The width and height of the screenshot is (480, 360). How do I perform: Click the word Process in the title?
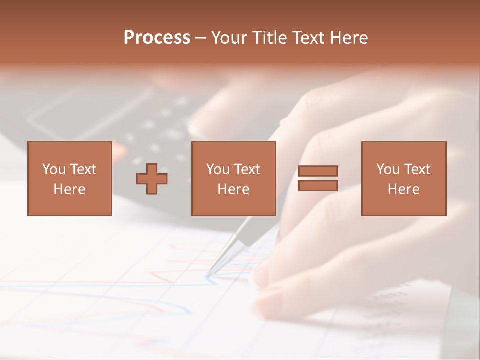coord(157,38)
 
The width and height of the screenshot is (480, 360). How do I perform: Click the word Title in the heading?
coord(269,38)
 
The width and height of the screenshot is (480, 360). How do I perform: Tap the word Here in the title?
coord(349,38)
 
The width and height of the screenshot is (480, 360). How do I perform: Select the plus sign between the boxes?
coord(152,179)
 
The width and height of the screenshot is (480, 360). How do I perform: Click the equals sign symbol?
coord(318,178)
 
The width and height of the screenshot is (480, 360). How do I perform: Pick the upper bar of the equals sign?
coord(318,171)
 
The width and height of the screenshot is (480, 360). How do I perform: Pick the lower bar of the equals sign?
coord(318,186)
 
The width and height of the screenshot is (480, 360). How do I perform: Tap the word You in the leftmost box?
coord(54,169)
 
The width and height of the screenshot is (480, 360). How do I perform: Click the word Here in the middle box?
coord(233,189)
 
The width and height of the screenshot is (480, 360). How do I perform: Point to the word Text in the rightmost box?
coord(417,169)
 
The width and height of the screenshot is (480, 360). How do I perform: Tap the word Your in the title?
coord(230,38)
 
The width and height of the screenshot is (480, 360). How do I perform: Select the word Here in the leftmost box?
coord(69,189)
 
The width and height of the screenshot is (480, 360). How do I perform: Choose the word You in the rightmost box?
coord(388,169)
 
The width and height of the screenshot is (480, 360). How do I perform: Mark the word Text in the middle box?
coord(247,169)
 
